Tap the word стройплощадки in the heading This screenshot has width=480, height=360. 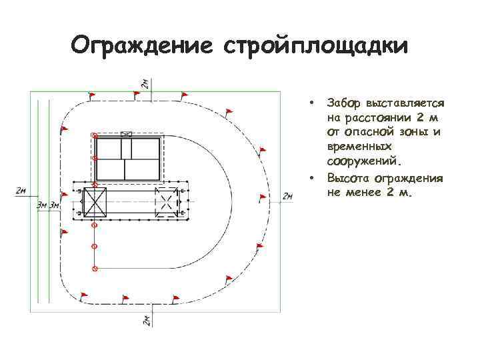[317, 46]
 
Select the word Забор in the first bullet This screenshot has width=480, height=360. [343, 103]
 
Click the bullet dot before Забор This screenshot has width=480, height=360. [311, 103]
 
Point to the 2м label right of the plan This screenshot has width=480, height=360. [287, 196]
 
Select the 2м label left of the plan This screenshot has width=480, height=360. [21, 191]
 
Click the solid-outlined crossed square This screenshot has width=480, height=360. [95, 203]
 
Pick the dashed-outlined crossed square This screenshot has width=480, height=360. [165, 203]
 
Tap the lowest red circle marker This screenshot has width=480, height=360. [95, 269]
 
